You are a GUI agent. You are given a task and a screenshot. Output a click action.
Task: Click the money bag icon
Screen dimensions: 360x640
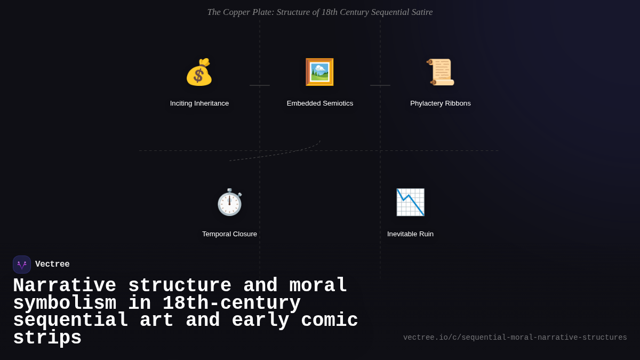199,72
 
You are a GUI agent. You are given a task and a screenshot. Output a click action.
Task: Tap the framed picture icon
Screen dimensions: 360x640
319,72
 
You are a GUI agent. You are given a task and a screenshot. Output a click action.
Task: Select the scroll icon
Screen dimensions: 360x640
441,72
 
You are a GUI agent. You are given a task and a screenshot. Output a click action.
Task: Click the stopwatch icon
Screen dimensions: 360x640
229,202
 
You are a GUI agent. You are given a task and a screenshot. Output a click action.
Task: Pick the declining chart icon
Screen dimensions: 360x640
410,202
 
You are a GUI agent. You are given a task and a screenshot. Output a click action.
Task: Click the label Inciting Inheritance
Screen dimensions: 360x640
199,103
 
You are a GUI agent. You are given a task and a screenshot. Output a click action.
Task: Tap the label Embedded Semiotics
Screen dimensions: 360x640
320,103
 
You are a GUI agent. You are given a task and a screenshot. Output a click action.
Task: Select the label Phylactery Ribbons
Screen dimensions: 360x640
441,103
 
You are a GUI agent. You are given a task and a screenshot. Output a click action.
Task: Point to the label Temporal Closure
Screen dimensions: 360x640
229,234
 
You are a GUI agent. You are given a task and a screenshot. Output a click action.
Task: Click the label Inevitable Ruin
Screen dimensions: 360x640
410,234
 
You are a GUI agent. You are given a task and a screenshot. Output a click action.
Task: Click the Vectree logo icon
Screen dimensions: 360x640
22,265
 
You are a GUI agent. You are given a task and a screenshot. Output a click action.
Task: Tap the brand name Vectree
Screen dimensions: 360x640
52,265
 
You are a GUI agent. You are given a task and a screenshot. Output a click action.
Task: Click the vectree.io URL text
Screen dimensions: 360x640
515,338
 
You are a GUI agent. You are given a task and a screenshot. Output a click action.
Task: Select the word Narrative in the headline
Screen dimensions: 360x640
65,286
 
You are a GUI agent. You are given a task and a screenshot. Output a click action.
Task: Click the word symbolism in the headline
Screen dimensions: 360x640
65,303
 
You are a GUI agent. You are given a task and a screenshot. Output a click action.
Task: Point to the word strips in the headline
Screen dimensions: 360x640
47,338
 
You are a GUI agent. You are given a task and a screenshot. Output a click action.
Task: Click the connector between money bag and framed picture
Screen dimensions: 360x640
260,85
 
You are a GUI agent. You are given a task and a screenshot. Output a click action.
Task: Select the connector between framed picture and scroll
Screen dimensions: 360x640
380,85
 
